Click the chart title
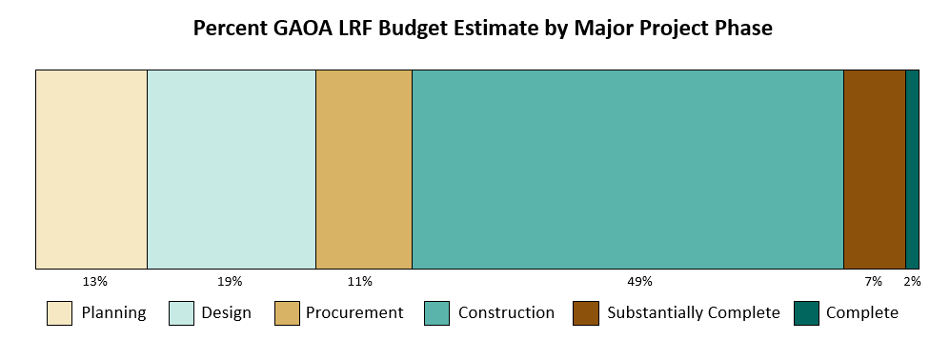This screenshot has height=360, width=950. [482, 29]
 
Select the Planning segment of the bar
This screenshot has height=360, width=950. [91, 170]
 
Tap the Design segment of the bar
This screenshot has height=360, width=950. [232, 170]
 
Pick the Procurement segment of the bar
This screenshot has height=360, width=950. [364, 170]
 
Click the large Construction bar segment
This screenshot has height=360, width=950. [628, 170]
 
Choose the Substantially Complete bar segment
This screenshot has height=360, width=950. [875, 170]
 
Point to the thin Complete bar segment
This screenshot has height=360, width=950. [912, 170]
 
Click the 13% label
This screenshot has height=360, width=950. [95, 282]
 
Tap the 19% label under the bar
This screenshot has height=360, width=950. [231, 282]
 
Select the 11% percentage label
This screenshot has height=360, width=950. [360, 282]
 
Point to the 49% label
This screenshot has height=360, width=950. [639, 282]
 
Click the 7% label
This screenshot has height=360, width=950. [874, 282]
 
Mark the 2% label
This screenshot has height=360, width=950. [912, 282]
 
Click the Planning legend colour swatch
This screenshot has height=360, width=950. [59, 313]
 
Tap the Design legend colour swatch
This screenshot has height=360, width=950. [181, 313]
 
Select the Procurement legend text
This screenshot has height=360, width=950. [354, 313]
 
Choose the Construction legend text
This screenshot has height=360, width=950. [506, 313]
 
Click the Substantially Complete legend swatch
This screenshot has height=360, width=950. [585, 313]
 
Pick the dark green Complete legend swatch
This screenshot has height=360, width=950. [806, 313]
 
